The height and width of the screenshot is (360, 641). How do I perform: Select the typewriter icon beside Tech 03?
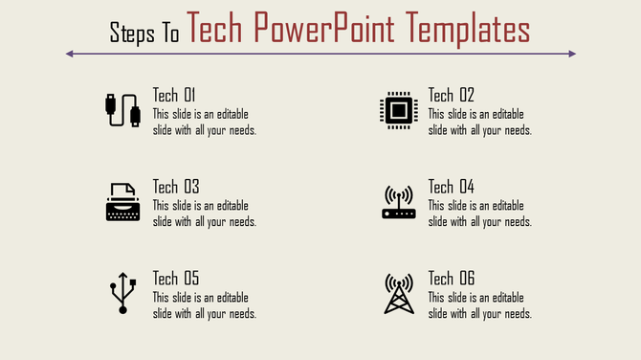pos(122,202)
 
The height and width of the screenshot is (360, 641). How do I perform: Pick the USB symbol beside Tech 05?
pos(122,294)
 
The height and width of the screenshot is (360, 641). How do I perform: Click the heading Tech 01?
pos(174,95)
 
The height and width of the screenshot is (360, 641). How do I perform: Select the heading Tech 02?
pos(451,95)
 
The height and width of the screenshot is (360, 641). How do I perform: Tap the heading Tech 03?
pos(176,187)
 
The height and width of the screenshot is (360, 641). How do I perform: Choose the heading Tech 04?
pos(452,187)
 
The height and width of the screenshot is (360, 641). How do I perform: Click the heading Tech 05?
pos(176,279)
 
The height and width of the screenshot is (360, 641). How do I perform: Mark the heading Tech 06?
pos(452,279)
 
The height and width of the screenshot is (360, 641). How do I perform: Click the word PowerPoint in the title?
pos(332,30)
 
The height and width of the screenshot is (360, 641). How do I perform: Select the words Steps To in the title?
pos(144,34)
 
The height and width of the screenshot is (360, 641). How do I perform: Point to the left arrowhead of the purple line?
pos(69,54)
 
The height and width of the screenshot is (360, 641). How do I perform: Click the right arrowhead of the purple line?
pos(572,54)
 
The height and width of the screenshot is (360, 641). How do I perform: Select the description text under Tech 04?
pos(479,214)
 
